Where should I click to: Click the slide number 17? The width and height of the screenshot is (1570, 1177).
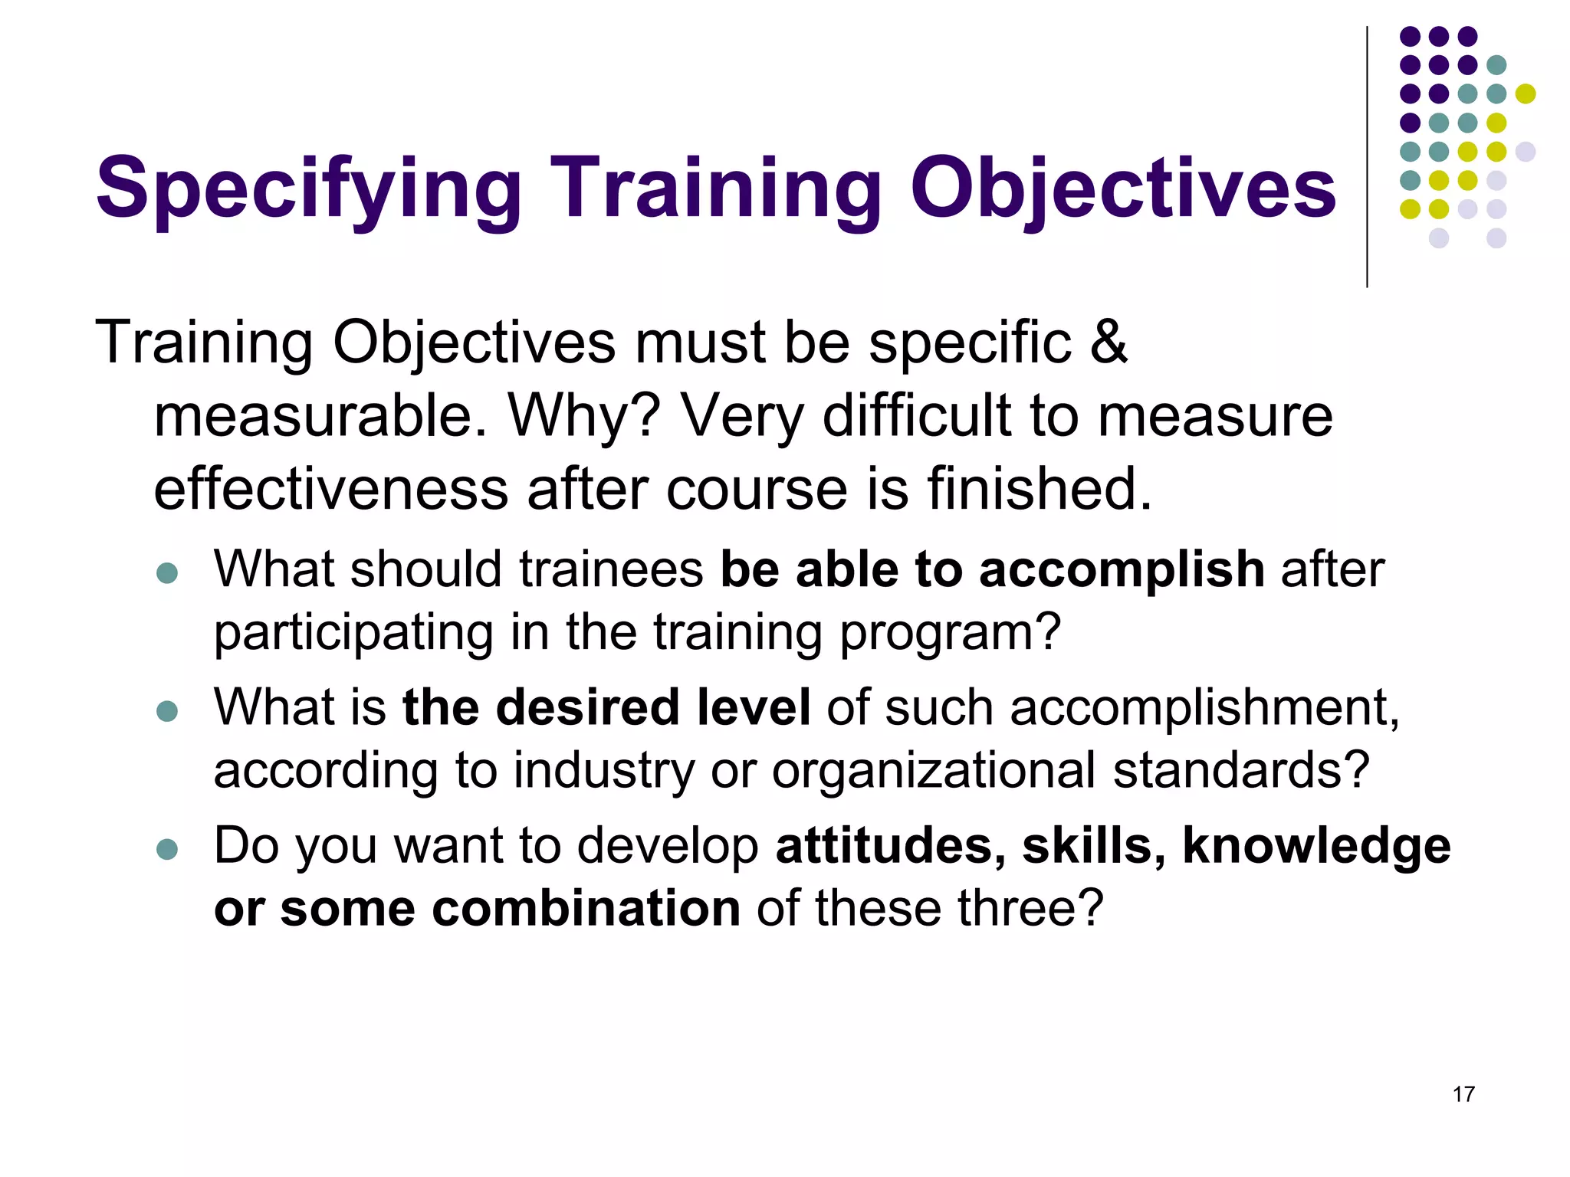click(x=1463, y=1094)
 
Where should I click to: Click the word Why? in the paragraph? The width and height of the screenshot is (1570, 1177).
click(x=584, y=416)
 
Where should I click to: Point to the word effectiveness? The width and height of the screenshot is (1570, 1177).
click(x=330, y=489)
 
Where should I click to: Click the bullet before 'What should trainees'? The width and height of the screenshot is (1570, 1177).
click(x=166, y=573)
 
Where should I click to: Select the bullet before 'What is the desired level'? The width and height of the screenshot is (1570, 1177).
click(x=166, y=711)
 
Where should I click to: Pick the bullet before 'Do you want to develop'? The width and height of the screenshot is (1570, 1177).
click(x=166, y=849)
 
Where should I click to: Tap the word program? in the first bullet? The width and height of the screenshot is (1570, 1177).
click(x=951, y=633)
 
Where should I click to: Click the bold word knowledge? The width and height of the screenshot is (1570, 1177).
click(x=1316, y=846)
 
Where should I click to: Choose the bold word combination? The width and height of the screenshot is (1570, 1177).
click(x=586, y=909)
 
